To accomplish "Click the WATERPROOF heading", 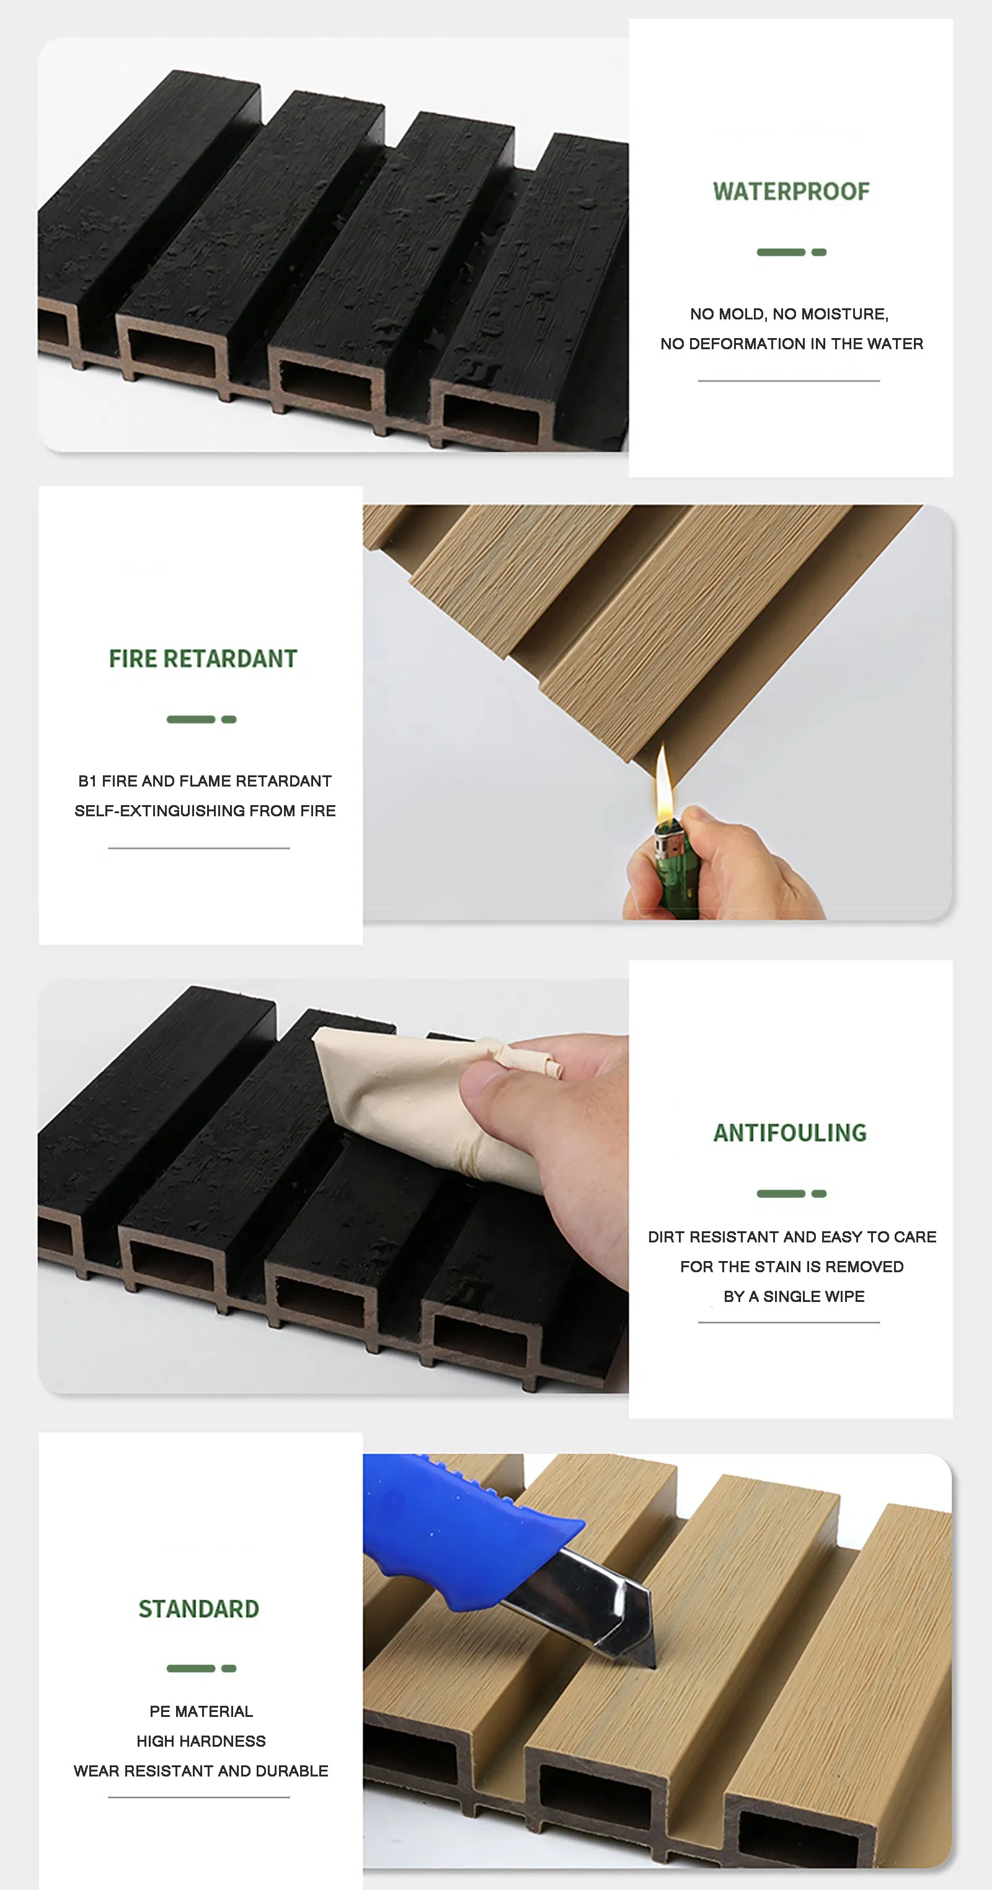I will coord(791,192).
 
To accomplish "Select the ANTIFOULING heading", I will coord(790,1133).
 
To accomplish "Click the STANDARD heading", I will coord(198,1609).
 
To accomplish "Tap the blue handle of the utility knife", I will coord(454,1526).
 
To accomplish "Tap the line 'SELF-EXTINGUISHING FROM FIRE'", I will coord(205,811).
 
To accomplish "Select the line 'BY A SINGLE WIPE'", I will coord(794,1296).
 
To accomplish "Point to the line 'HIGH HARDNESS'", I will coord(201,1741).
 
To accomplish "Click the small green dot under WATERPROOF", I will coord(819,252).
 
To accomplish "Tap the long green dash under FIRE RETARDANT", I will coord(190,720).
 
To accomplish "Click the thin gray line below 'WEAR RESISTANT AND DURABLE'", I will coord(198,1797).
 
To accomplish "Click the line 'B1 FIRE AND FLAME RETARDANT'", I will coord(205,781).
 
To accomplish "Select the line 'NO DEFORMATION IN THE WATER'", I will coord(791,344).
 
